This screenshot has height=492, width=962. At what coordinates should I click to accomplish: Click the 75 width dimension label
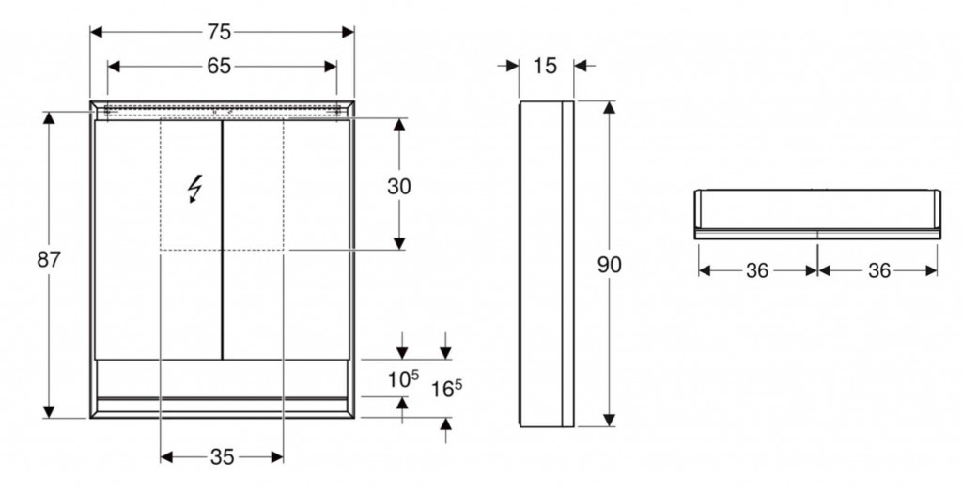[218, 32]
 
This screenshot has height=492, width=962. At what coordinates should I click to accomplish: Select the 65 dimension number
[218, 67]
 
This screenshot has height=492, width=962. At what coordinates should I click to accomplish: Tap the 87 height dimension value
[49, 259]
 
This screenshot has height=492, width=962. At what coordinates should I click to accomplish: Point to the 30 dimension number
[398, 186]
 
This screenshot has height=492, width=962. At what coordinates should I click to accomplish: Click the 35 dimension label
[222, 456]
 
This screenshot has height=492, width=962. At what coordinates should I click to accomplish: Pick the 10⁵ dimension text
[402, 378]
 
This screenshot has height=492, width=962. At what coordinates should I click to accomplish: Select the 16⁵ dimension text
[446, 388]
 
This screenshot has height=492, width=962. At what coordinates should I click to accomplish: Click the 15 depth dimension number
[544, 66]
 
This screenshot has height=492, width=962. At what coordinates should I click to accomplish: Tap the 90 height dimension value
[609, 265]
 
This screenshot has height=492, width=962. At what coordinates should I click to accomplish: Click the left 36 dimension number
[757, 270]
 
